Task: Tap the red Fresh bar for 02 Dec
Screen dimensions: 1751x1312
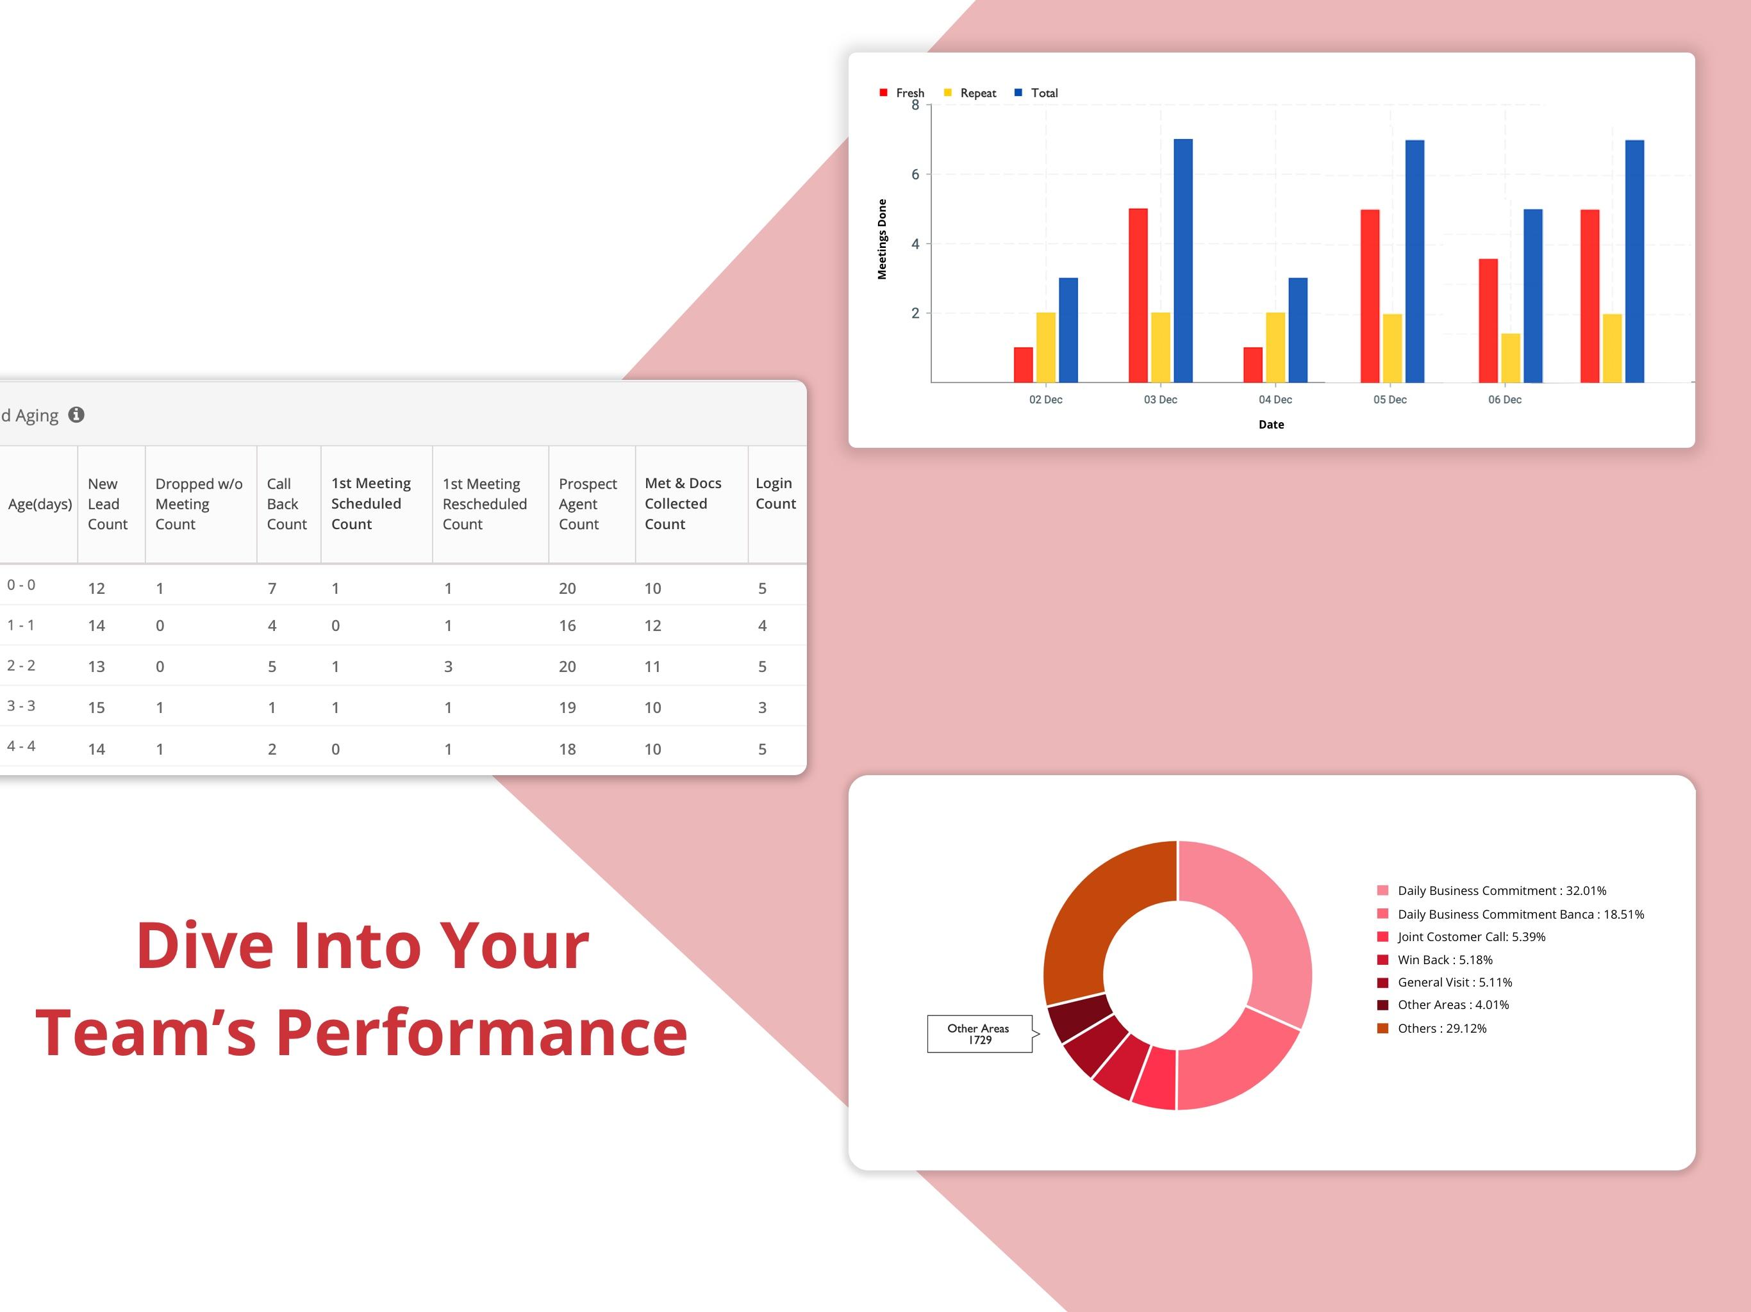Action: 1023,365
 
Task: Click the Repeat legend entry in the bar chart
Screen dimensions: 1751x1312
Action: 970,93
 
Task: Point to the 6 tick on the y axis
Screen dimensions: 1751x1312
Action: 915,174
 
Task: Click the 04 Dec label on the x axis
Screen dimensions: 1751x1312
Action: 1275,400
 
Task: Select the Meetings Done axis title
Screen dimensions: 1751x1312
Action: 882,239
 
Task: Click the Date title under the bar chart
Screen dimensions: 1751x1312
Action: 1272,424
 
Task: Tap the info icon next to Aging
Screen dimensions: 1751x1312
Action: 76,414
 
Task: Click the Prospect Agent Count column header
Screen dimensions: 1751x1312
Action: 587,504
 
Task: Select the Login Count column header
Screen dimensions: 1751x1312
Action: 775,493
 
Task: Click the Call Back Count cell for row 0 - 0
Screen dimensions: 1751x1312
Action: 272,588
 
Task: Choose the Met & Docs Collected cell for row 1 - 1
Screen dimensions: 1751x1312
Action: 652,625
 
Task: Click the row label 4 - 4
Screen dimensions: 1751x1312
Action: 21,746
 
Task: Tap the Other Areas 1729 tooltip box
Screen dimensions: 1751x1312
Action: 979,1033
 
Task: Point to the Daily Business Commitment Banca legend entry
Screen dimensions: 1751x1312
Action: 1511,914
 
